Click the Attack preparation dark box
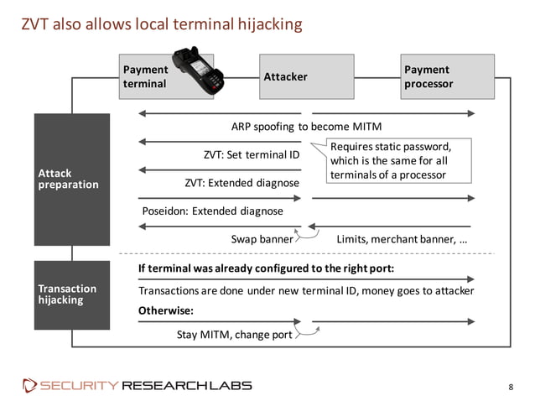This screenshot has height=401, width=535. click(71, 179)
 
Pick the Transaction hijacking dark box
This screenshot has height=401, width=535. click(71, 294)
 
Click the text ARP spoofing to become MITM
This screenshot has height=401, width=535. click(306, 127)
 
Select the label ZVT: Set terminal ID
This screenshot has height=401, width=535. click(252, 154)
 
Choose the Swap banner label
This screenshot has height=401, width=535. click(261, 239)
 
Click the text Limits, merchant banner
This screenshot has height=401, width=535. click(402, 239)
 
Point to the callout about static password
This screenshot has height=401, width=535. click(389, 160)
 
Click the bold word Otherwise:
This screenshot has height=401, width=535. click(165, 310)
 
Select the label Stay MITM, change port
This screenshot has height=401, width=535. click(234, 335)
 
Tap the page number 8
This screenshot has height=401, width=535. click(511, 386)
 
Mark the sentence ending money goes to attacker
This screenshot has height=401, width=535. click(305, 290)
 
